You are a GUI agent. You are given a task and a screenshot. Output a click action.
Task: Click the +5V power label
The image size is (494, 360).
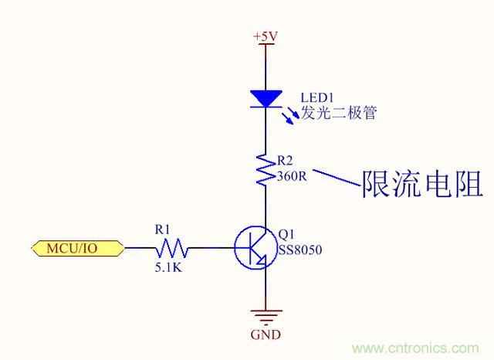pyautogui.click(x=266, y=36)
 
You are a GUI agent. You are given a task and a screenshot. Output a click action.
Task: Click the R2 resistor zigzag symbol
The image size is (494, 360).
pyautogui.click(x=266, y=169)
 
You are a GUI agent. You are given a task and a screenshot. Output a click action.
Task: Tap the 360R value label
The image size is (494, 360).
pyautogui.click(x=291, y=175)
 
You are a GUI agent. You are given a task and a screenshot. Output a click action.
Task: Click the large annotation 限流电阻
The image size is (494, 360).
pyautogui.click(x=422, y=185)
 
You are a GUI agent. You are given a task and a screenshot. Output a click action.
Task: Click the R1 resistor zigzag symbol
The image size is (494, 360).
pyautogui.click(x=171, y=248)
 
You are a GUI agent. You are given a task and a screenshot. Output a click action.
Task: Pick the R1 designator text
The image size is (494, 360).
pyautogui.click(x=162, y=229)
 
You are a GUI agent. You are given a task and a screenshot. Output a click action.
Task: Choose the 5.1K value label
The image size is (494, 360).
pyautogui.click(x=170, y=267)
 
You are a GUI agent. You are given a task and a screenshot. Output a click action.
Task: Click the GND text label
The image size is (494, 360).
pyautogui.click(x=266, y=335)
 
